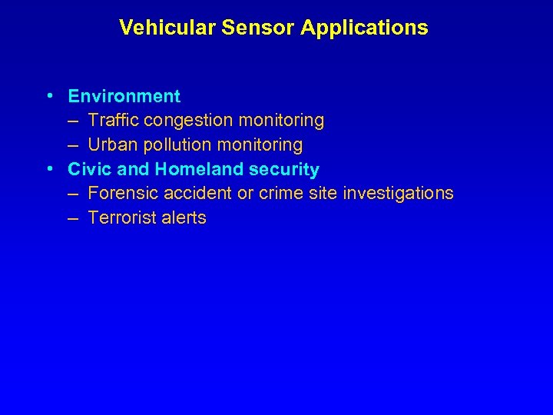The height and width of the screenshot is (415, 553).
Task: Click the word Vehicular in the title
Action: click(x=167, y=28)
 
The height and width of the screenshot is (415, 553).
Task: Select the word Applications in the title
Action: click(x=364, y=28)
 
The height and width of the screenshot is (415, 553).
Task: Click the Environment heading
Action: click(x=124, y=96)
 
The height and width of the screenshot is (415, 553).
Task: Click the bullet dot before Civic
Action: click(x=49, y=168)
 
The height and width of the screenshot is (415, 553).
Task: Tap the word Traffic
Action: click(x=114, y=121)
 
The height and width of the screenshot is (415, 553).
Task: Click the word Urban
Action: click(x=111, y=144)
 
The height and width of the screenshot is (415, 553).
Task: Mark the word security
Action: click(x=284, y=169)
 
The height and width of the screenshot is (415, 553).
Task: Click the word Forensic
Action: click(x=121, y=193)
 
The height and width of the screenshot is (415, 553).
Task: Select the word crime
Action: click(x=281, y=193)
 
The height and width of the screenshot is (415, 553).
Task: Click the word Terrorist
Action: click(x=123, y=217)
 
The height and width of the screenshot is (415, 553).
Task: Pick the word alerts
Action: click(x=185, y=217)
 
